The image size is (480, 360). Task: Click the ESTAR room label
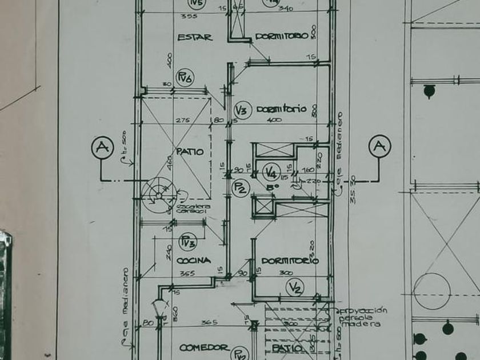(x=195, y=38)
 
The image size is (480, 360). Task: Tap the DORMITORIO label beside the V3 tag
(x=281, y=109)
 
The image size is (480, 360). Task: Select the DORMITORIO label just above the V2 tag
(x=290, y=261)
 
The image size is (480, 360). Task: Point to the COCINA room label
(x=193, y=261)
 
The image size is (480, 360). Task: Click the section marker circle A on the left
(x=102, y=147)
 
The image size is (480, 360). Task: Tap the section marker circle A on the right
(x=378, y=146)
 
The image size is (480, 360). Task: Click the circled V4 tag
(x=271, y=171)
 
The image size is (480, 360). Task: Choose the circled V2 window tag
(x=295, y=287)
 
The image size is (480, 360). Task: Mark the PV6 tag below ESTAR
(x=185, y=78)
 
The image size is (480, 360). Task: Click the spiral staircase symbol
(x=158, y=193)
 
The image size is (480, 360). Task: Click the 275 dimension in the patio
(x=182, y=121)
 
